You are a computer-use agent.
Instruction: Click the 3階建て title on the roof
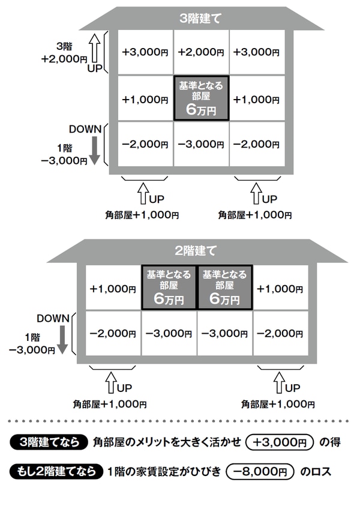pos(201,18)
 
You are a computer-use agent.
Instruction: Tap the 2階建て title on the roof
pos(197,250)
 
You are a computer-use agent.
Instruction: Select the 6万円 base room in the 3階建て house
pos(201,98)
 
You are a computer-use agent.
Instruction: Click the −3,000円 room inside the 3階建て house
pos(201,144)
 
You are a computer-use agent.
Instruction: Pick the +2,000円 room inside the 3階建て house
pos(201,52)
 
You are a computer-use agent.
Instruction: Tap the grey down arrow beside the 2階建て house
pos(62,339)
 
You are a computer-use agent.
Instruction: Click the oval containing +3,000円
pos(280,443)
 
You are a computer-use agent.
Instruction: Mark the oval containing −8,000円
pos(261,472)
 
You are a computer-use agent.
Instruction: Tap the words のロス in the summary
pos(316,472)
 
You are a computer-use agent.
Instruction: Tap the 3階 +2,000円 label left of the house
pos(64,53)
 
